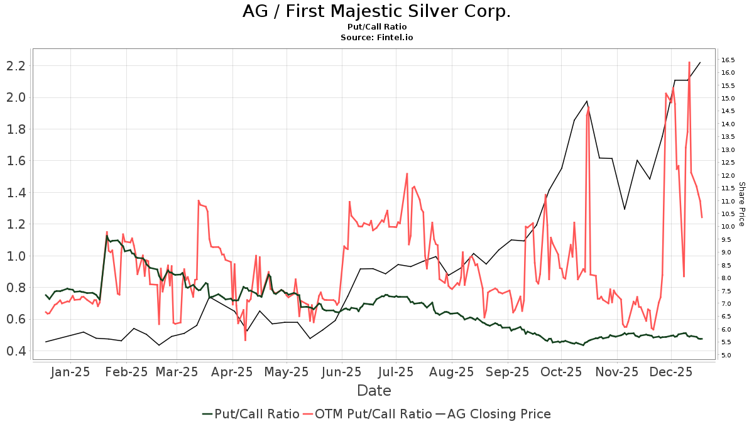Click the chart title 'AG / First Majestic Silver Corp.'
pos(376,11)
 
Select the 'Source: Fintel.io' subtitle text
pos(376,38)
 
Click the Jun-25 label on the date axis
pos(342,372)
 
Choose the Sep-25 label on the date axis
pos(508,372)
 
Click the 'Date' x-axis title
pos(374,391)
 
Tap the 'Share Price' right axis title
pos(741,204)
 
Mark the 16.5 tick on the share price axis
pos(729,60)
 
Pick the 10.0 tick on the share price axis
pos(729,227)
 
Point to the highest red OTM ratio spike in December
pos(689,62)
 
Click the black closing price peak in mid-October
pos(587,101)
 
